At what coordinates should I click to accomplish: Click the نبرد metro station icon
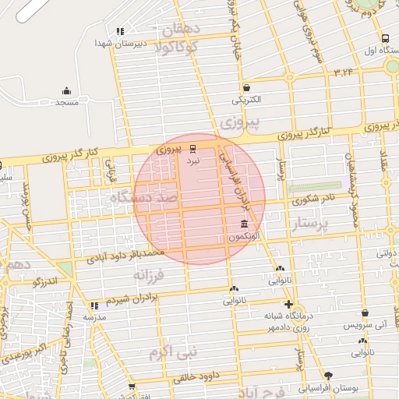click(x=193, y=147)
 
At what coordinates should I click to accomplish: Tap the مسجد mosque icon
click(x=66, y=90)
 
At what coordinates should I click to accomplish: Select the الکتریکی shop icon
click(x=247, y=87)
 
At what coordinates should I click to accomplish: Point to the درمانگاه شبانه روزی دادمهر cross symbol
click(x=289, y=304)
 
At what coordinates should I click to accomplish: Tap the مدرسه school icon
click(x=95, y=306)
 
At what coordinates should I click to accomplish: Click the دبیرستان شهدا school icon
click(x=119, y=32)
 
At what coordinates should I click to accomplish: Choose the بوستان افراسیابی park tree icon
click(x=328, y=375)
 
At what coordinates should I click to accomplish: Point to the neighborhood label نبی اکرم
click(x=174, y=351)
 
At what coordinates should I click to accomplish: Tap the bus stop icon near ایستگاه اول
click(x=386, y=37)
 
